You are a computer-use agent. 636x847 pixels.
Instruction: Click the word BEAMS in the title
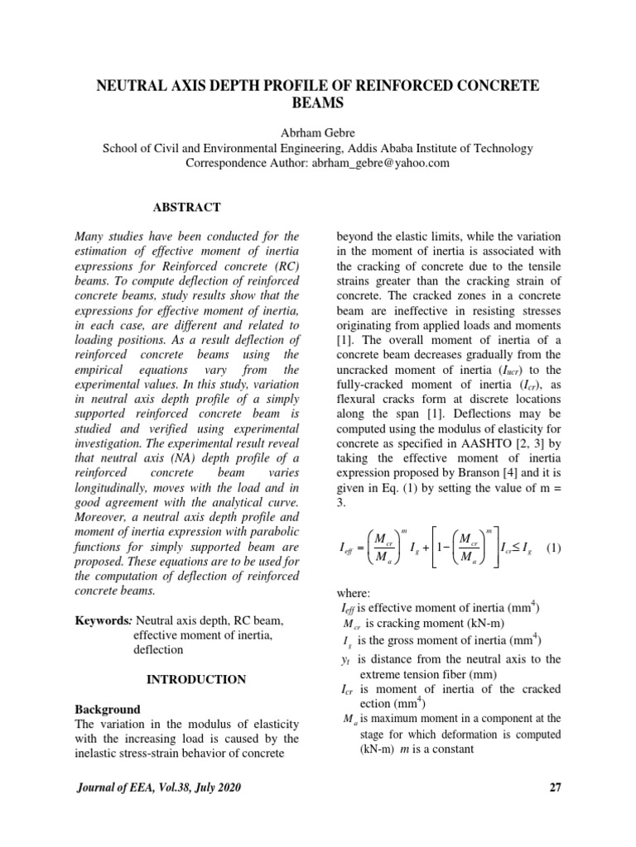pyautogui.click(x=317, y=103)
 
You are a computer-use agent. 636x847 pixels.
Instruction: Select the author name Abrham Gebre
pyautogui.click(x=317, y=134)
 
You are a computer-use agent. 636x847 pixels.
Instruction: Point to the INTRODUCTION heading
pyautogui.click(x=196, y=679)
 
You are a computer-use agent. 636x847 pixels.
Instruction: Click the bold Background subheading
pyautogui.click(x=108, y=710)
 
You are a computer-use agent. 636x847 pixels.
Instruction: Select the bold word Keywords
pyautogui.click(x=102, y=620)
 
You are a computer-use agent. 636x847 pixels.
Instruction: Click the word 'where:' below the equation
pyautogui.click(x=357, y=593)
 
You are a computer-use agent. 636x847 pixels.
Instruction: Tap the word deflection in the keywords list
pyautogui.click(x=159, y=649)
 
